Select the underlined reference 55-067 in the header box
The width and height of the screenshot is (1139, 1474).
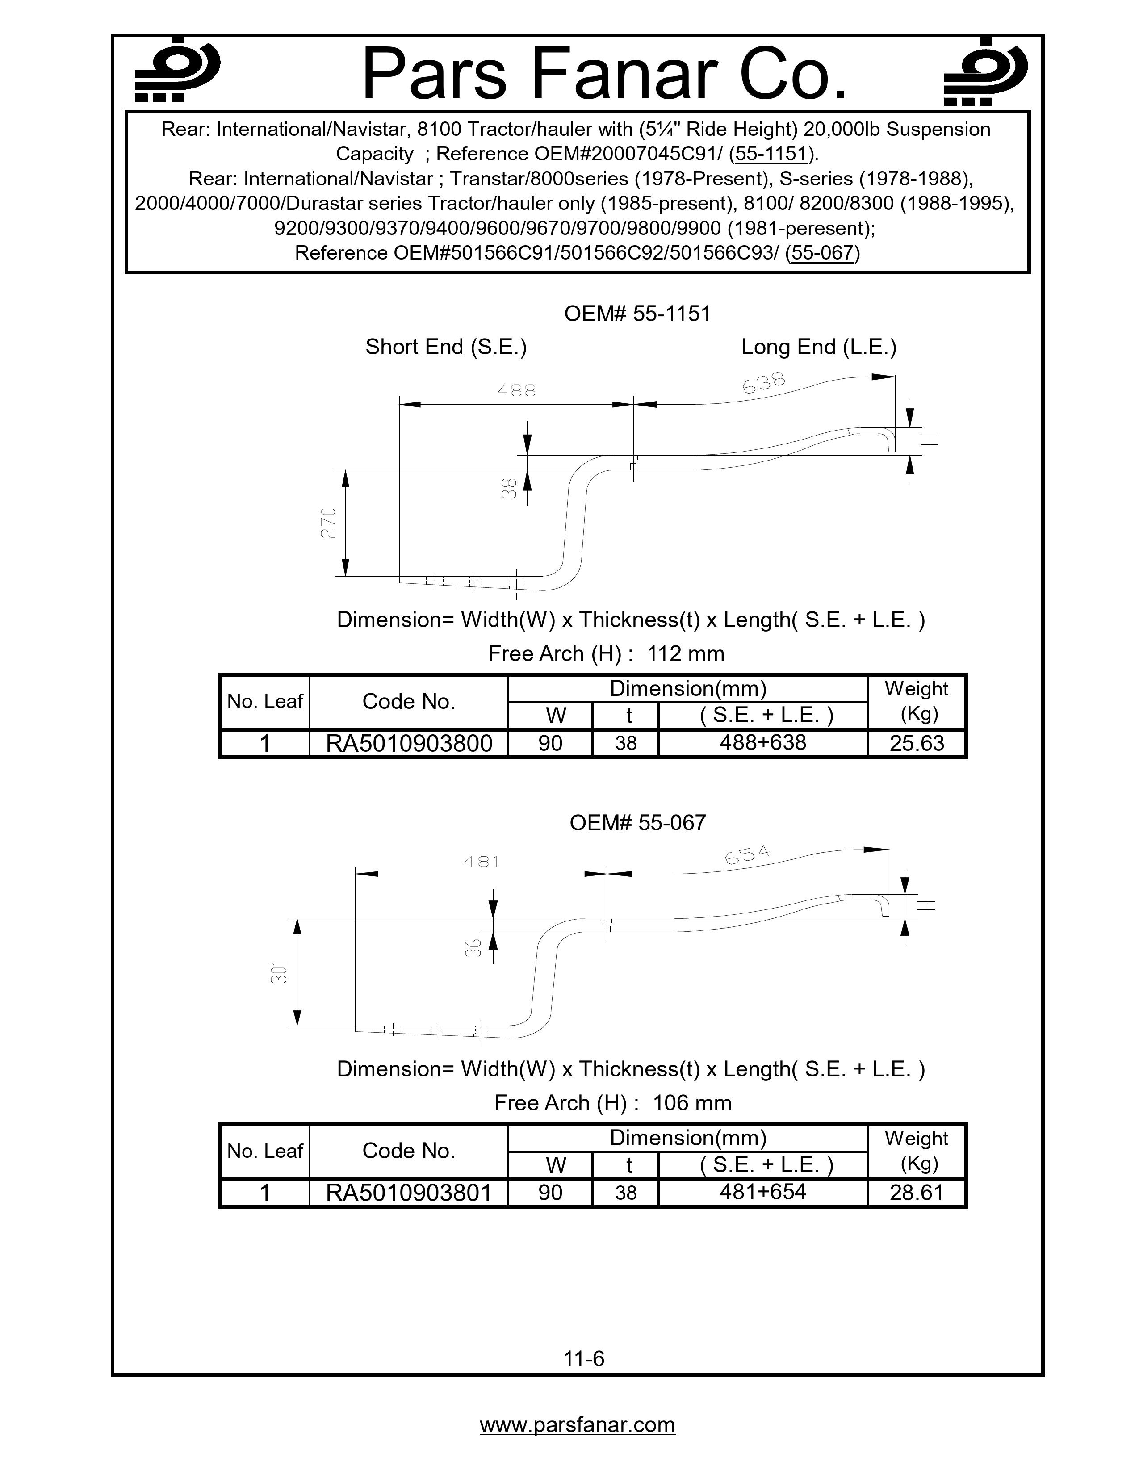pos(822,253)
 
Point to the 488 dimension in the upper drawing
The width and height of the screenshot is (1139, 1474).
pos(516,390)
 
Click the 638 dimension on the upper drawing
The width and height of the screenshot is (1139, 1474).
pos(764,383)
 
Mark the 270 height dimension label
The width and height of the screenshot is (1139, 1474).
pos(328,523)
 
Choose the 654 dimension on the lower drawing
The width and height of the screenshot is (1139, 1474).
pos(747,855)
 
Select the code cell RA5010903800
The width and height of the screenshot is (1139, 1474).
pos(409,744)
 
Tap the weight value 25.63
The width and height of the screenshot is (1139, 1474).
pos(916,744)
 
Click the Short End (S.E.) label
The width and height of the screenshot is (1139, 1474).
pos(446,347)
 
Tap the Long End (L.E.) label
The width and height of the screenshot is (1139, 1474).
pos(818,347)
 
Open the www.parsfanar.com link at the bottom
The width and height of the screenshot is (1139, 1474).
pos(577,1425)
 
